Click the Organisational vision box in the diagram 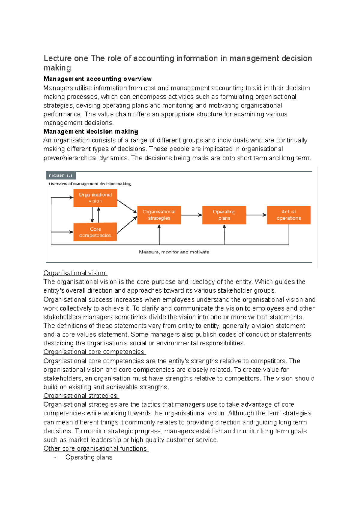(95, 198)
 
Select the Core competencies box (95, 232)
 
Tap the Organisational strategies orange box (159, 215)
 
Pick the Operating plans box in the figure (224, 215)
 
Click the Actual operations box (289, 215)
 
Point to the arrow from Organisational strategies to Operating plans (191, 215)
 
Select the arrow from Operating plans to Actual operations (256, 215)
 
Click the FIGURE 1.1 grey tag (61, 176)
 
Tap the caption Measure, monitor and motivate (174, 252)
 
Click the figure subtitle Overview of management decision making (90, 184)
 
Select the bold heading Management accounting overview (97, 79)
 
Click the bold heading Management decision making (91, 132)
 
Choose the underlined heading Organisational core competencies (94, 352)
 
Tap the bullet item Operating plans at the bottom (89, 457)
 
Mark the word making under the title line (57, 68)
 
